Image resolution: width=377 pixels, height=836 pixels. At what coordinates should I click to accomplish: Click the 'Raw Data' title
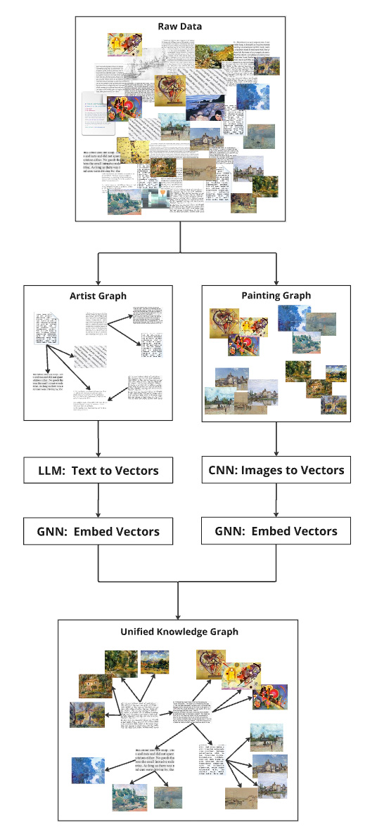pyautogui.click(x=180, y=27)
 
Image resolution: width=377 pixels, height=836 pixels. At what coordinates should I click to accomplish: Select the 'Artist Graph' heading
pyautogui.click(x=98, y=296)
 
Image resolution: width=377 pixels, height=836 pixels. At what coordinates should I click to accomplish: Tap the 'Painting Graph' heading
pyautogui.click(x=276, y=296)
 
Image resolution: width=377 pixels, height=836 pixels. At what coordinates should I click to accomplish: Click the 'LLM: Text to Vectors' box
pyautogui.click(x=98, y=471)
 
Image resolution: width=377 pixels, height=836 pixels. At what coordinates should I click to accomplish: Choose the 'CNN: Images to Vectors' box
pyautogui.click(x=276, y=470)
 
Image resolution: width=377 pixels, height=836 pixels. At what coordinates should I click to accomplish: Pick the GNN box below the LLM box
pyautogui.click(x=98, y=531)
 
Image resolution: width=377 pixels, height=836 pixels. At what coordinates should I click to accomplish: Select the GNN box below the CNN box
pyautogui.click(x=276, y=530)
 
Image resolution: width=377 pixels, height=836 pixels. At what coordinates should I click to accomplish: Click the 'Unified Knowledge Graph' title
pyautogui.click(x=179, y=632)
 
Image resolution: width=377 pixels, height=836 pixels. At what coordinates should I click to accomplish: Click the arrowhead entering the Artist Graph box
pyautogui.click(x=98, y=281)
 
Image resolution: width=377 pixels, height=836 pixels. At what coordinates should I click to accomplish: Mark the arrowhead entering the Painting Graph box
pyautogui.click(x=276, y=281)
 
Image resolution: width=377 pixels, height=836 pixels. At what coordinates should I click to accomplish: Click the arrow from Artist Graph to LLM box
pyautogui.click(x=98, y=439)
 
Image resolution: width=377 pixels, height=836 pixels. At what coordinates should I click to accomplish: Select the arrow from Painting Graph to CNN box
pyautogui.click(x=276, y=438)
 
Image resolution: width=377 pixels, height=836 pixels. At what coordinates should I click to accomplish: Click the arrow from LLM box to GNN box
pyautogui.click(x=98, y=500)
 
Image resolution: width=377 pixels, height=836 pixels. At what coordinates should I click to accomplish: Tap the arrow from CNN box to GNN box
pyautogui.click(x=276, y=500)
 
